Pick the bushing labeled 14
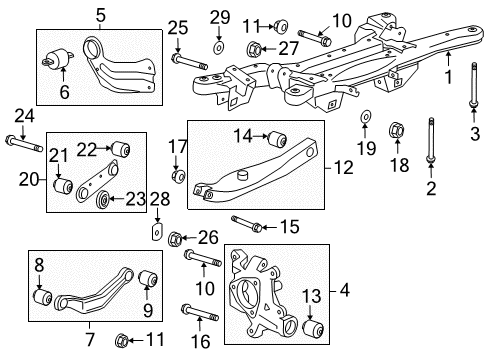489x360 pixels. point(269,136)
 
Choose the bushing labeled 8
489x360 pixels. point(44,297)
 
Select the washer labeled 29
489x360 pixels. point(219,45)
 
